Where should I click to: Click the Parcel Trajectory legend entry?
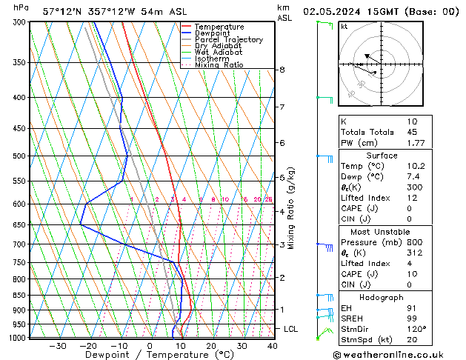coord(228,40)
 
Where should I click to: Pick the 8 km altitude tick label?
coord(282,70)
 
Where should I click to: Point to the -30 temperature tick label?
coord(57,346)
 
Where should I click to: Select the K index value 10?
coord(413,121)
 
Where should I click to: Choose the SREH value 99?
coord(413,319)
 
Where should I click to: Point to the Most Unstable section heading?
coord(382,231)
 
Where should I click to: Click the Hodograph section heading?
coord(382,297)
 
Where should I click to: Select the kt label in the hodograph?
coord(344,26)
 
